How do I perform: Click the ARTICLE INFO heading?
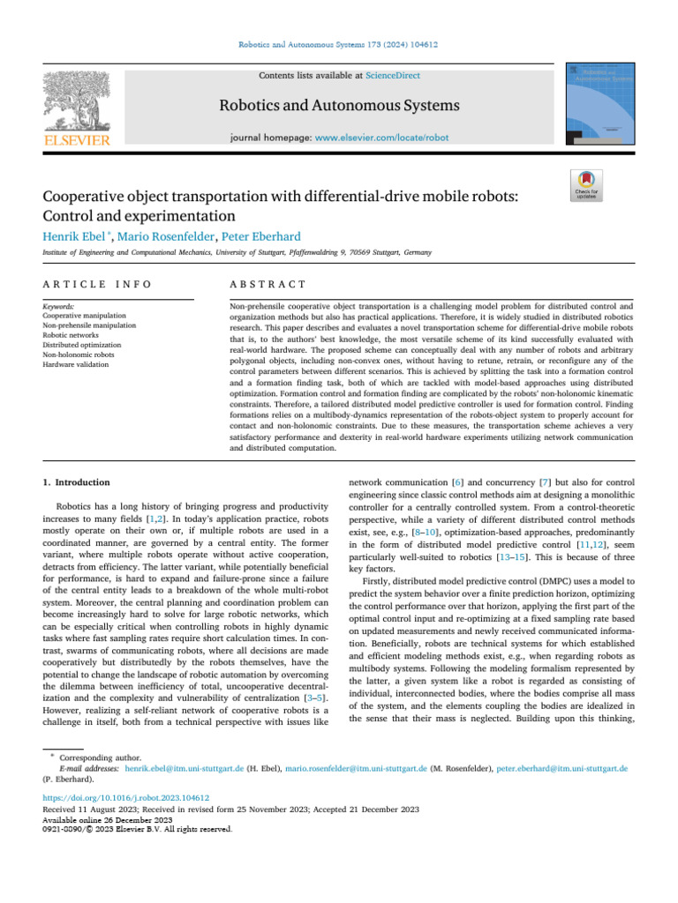[97, 284]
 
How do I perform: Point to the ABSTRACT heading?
[267, 284]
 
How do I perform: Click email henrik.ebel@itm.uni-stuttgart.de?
[185, 768]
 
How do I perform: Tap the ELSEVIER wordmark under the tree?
[77, 141]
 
